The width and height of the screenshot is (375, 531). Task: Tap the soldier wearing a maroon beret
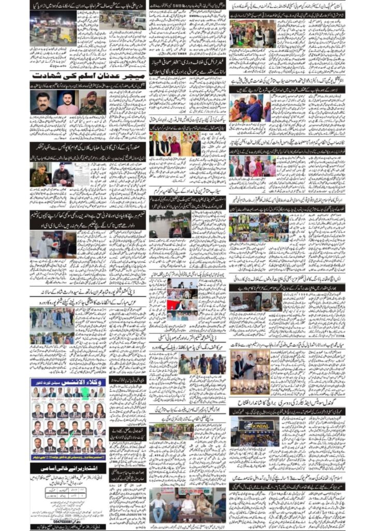click(94, 102)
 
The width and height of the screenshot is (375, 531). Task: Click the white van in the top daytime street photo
click(138, 22)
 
